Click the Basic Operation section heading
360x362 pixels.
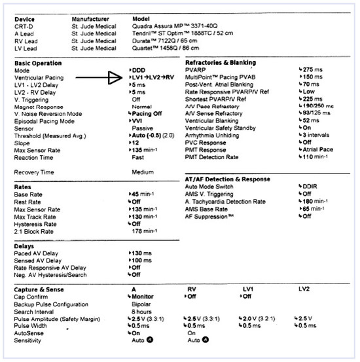click(38, 63)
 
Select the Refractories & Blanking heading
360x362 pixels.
click(221, 63)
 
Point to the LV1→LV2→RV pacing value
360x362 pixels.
click(154, 77)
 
